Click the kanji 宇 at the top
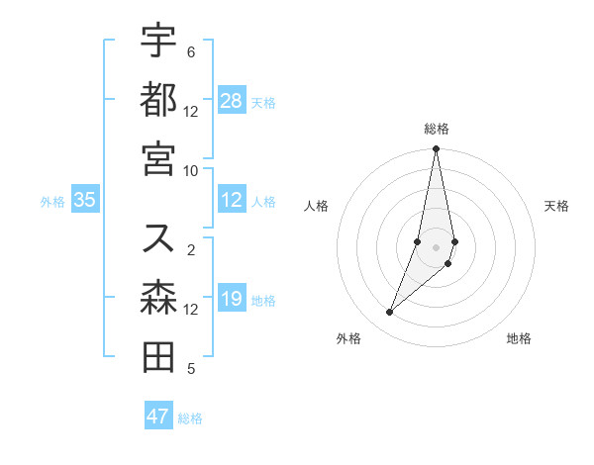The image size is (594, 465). (x=158, y=42)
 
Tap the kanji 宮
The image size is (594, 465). (x=158, y=157)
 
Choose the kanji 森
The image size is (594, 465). (x=158, y=298)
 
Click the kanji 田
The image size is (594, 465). (x=158, y=356)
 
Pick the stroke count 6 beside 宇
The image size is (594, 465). (x=191, y=51)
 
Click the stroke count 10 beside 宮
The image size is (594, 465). (x=191, y=169)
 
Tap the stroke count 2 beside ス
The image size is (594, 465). (x=191, y=250)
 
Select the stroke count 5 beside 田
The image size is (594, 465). (x=191, y=369)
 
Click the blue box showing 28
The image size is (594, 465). (x=232, y=101)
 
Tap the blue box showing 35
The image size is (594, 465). (x=85, y=200)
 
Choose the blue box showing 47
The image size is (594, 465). (x=158, y=417)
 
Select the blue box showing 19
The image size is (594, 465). (x=232, y=299)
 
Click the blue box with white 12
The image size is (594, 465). (x=232, y=200)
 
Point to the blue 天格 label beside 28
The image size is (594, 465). (x=263, y=102)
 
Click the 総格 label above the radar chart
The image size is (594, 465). (x=436, y=129)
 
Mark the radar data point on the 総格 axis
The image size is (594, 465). (x=436, y=149)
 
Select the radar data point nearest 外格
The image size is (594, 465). (x=389, y=313)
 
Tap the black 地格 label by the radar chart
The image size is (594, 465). (x=519, y=338)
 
